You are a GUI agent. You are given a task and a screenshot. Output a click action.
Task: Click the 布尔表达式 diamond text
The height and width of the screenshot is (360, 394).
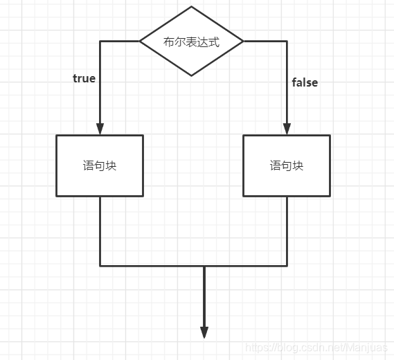191,42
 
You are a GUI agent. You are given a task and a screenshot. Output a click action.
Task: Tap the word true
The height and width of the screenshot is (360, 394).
84,78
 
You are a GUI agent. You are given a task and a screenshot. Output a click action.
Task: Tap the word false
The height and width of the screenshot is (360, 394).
305,82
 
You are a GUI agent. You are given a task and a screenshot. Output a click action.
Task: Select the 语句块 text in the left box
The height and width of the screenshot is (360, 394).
100,166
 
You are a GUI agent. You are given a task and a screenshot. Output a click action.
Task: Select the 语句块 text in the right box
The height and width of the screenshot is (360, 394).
287,166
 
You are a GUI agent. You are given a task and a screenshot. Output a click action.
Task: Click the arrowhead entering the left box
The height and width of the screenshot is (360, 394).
100,129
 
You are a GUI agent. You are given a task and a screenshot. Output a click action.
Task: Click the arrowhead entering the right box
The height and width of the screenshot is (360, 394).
287,129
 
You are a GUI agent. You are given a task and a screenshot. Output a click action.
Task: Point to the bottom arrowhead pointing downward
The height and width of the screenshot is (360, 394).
204,332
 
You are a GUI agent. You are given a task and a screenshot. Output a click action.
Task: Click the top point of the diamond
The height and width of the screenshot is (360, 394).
191,7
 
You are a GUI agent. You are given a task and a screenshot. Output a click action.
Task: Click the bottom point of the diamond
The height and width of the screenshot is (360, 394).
191,75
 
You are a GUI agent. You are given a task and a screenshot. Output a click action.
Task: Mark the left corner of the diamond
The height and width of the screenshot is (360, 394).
140,41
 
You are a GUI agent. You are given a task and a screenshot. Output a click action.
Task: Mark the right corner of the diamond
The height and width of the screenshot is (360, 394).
243,41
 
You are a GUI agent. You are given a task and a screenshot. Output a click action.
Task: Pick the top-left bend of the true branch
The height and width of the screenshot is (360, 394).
100,41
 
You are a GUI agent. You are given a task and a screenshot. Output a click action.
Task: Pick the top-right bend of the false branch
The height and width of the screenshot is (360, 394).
287,41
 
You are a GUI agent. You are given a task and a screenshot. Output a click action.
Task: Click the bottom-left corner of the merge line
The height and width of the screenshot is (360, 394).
100,265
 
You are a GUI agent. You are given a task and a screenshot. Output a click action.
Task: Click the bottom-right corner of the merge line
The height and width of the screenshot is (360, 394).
287,265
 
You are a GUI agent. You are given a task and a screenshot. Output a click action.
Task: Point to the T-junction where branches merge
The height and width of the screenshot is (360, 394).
204,265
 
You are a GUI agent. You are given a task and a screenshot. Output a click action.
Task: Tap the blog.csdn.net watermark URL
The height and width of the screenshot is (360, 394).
319,347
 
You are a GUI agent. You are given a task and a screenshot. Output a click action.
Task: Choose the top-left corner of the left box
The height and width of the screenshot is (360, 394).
56,136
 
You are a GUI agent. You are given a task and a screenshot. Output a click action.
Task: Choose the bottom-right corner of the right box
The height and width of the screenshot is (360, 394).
330,196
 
